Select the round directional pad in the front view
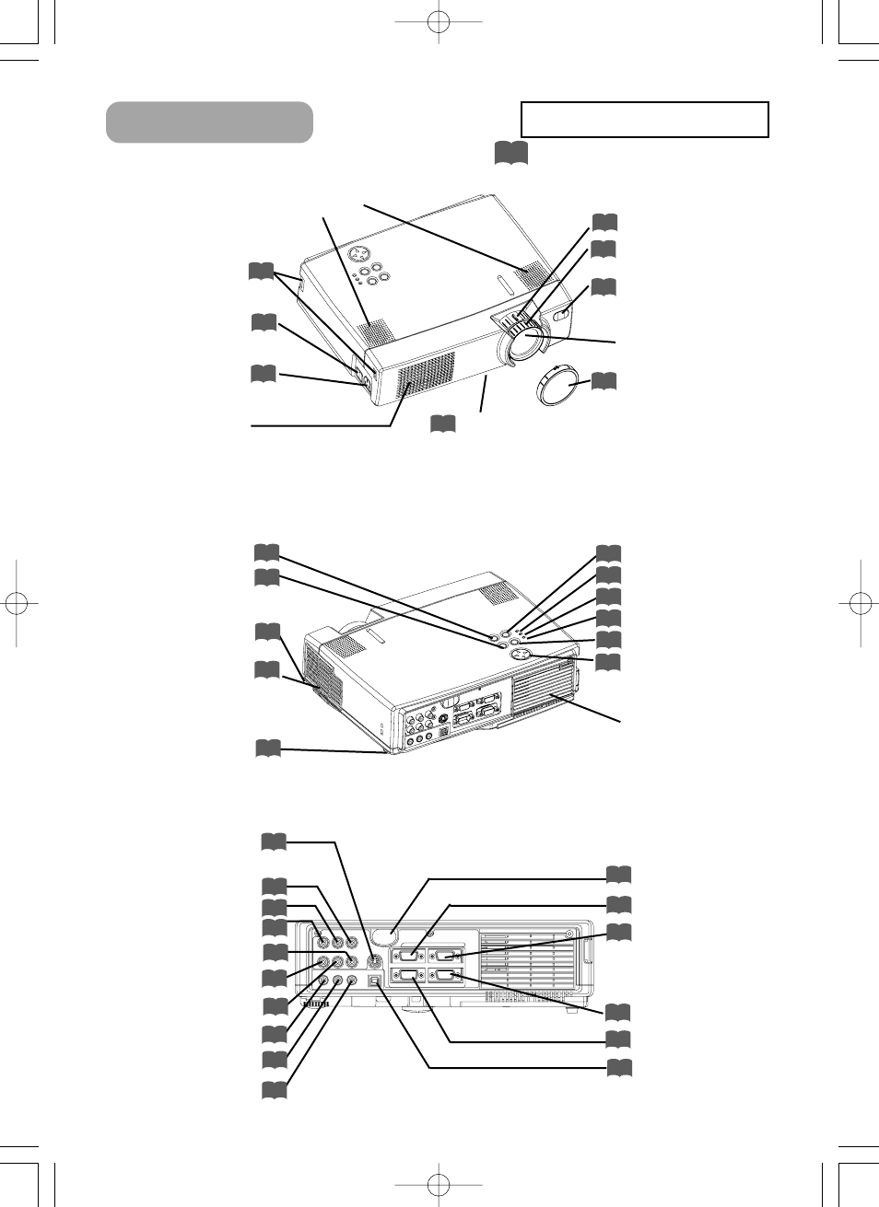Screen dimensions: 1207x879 [x=361, y=253]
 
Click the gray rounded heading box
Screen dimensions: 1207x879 [x=209, y=122]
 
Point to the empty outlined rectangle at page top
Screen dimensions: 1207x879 [x=644, y=120]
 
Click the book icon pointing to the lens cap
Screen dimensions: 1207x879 [x=604, y=380]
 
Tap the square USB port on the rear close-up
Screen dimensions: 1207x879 [x=373, y=982]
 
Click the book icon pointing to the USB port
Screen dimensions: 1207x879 [x=618, y=1068]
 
